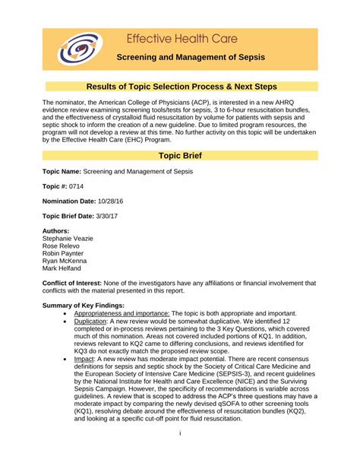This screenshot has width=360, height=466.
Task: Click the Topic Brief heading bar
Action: click(180, 155)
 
